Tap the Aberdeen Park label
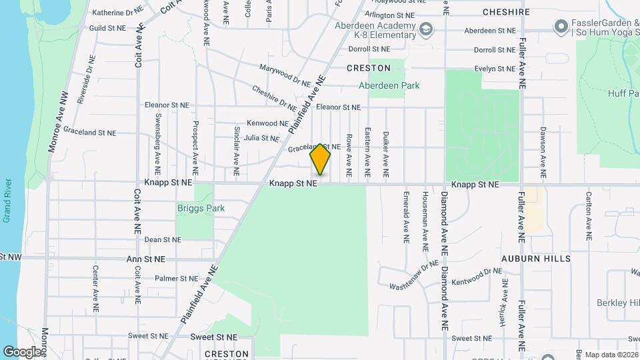(x=389, y=85)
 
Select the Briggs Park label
(x=201, y=208)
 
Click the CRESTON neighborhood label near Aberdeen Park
(x=369, y=68)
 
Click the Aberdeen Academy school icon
(x=425, y=29)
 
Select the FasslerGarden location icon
(x=560, y=27)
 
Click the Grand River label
(x=7, y=200)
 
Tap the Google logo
(x=21, y=351)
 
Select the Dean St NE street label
(x=163, y=239)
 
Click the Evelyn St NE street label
(x=495, y=69)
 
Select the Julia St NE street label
(x=261, y=139)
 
